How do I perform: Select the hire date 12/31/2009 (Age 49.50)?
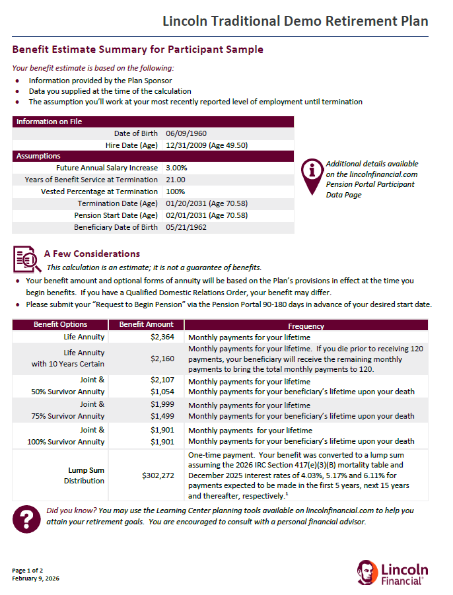[x=207, y=145]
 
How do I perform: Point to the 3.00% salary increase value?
[x=176, y=168]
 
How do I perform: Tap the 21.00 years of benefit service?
[x=176, y=180]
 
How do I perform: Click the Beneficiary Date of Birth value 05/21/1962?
[x=186, y=227]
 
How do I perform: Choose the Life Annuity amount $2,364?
[x=162, y=337]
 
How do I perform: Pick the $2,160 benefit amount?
[x=162, y=359]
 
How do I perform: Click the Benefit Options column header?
[x=61, y=325]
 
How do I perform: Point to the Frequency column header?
[x=306, y=326]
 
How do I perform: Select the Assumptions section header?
[x=38, y=157]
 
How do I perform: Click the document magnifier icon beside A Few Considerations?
[x=27, y=259]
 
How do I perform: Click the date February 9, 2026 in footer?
[x=36, y=578]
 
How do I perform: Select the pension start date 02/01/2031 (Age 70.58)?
[x=207, y=215]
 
